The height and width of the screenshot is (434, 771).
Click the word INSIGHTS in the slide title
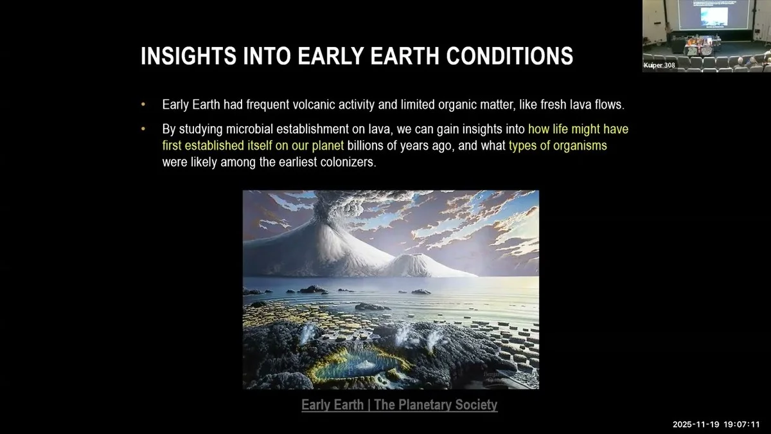(188, 56)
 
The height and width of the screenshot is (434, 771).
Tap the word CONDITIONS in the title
(510, 56)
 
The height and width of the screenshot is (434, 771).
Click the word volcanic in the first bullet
(314, 104)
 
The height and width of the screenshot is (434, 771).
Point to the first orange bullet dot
(143, 104)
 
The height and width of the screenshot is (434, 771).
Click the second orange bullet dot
(143, 129)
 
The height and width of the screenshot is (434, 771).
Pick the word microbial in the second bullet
(249, 129)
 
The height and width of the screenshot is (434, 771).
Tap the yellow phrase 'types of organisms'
(558, 146)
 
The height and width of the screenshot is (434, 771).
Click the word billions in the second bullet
(365, 146)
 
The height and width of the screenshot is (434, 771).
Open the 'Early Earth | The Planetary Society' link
(399, 404)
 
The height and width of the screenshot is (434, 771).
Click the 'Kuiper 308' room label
(659, 65)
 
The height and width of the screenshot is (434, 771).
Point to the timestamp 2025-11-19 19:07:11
(716, 424)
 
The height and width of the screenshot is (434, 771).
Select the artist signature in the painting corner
(495, 377)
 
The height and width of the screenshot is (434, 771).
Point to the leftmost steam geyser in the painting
(307, 334)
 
